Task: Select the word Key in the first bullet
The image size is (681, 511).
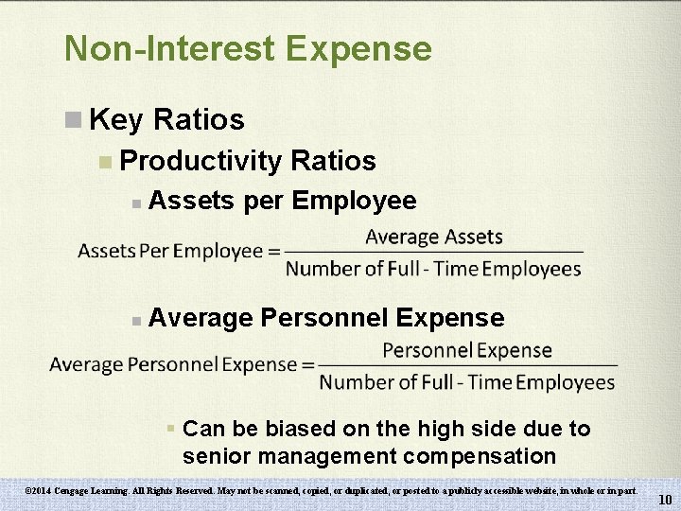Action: click(115, 120)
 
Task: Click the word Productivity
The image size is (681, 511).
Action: click(201, 161)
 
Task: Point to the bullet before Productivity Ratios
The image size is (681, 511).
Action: click(105, 162)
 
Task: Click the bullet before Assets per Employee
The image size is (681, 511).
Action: click(137, 203)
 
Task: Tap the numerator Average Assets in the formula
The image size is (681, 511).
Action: click(433, 237)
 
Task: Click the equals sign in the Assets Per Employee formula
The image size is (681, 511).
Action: click(274, 252)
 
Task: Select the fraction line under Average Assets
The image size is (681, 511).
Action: click(433, 253)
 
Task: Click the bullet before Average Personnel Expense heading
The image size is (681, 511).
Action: click(137, 320)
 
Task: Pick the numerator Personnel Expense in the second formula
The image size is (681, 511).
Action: click(467, 350)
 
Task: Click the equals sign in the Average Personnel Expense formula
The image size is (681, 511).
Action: click(307, 365)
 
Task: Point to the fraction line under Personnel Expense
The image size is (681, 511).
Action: click(467, 365)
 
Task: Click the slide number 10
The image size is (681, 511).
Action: click(665, 500)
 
